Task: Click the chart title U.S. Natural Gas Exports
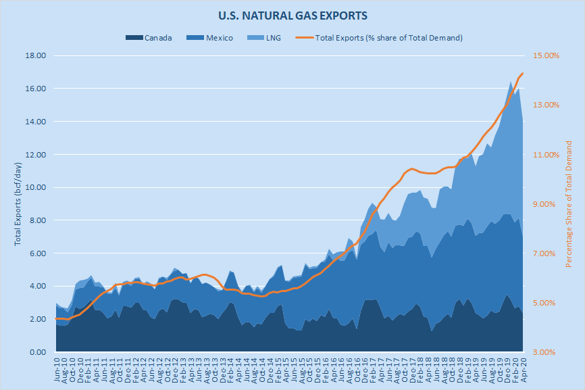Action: click(x=292, y=14)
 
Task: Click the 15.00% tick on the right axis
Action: click(x=546, y=55)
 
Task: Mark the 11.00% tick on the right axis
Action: click(x=546, y=155)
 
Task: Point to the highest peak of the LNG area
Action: click(x=511, y=82)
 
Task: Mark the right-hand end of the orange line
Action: click(x=522, y=74)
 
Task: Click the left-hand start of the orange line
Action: click(x=55, y=318)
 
